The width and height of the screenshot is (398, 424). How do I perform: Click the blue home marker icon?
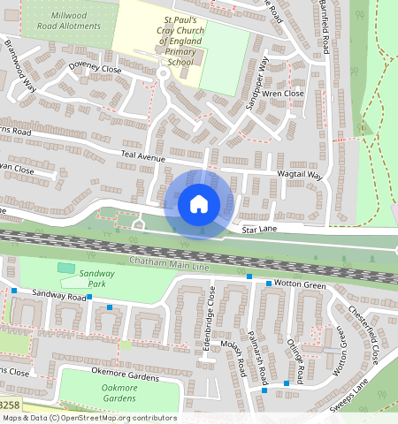coord(199,204)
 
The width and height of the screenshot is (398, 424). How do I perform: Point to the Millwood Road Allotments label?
coord(75,22)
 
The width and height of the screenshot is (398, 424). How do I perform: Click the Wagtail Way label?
coord(301,176)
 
